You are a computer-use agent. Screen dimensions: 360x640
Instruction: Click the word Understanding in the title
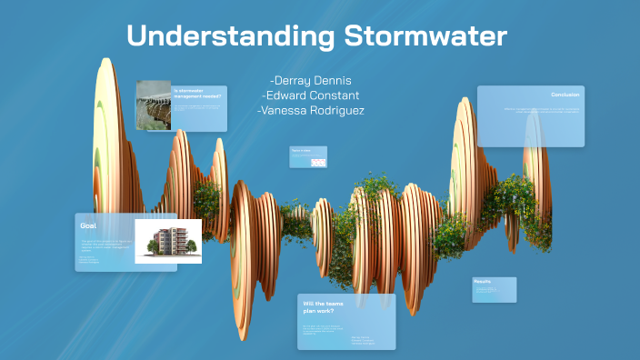pos(231,36)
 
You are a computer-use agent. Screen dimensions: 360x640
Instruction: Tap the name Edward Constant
pos(310,95)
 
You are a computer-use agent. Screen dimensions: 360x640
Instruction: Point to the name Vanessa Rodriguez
pos(310,110)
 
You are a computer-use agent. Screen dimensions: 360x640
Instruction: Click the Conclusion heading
pos(565,95)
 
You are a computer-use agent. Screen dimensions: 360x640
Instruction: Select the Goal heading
pos(88,225)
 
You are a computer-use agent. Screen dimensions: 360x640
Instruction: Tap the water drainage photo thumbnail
pos(154,105)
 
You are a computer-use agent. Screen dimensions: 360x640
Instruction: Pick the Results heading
pos(483,282)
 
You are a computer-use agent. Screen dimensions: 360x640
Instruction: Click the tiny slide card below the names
pos(307,157)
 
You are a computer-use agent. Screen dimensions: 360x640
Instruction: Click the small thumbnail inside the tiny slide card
pos(317,162)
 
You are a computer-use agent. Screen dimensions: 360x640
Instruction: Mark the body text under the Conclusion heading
pos(543,112)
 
